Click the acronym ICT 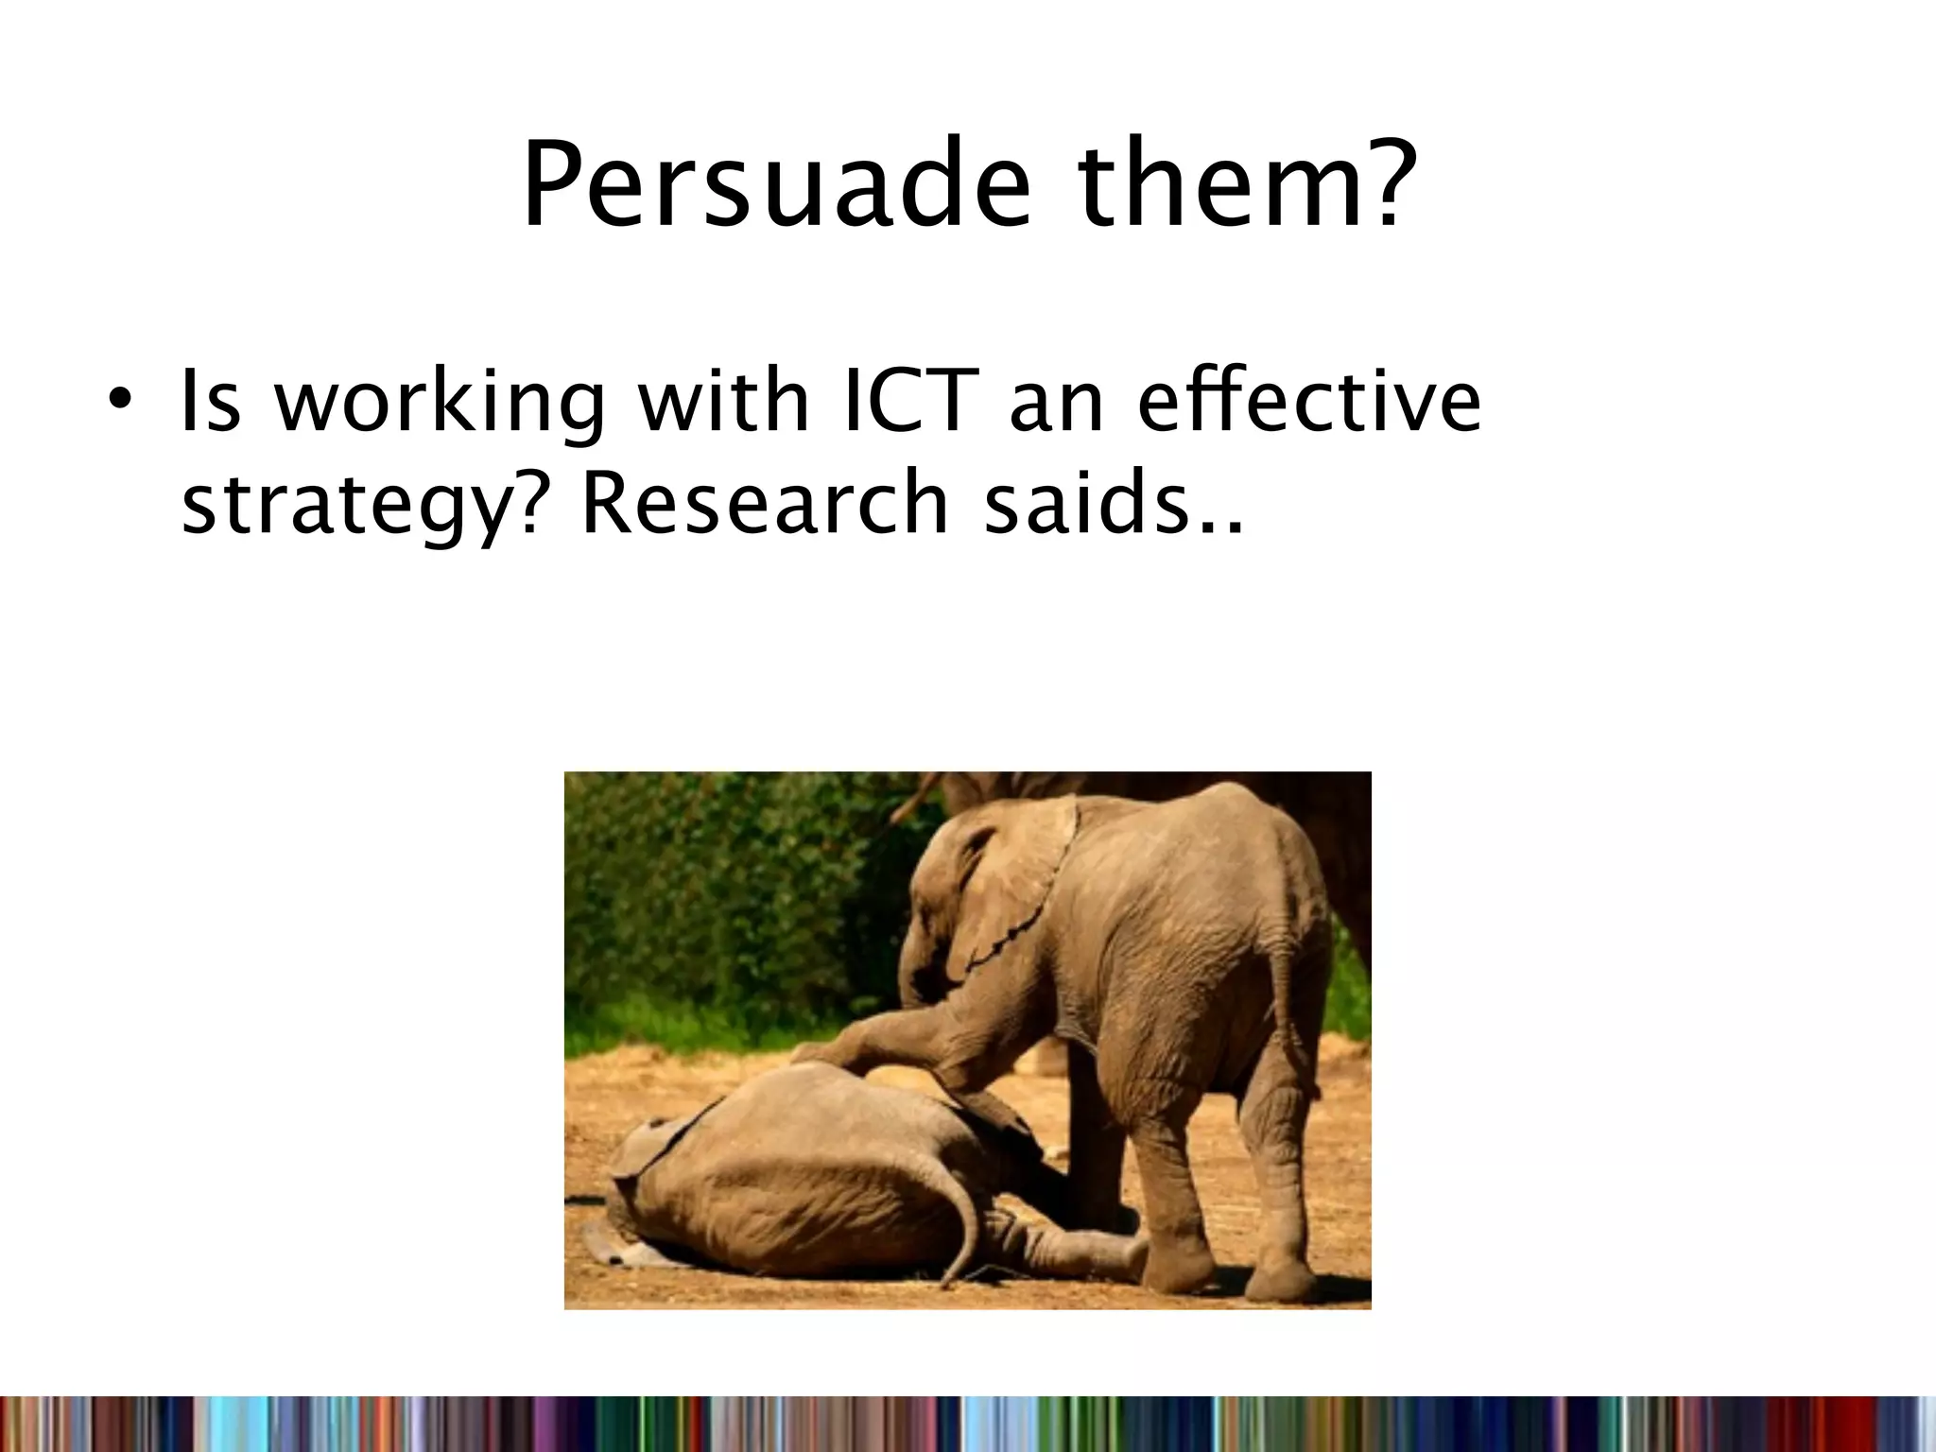click(912, 399)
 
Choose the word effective click(1309, 399)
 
